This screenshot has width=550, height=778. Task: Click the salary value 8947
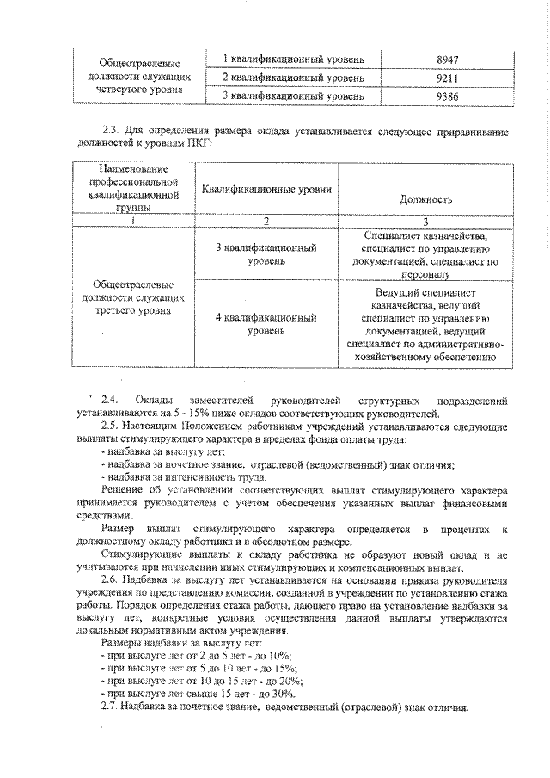pyautogui.click(x=448, y=58)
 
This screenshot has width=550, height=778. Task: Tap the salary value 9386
pyautogui.click(x=448, y=96)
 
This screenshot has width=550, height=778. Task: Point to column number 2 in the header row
pyautogui.click(x=266, y=221)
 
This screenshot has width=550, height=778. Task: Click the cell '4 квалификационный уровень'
pyautogui.click(x=266, y=323)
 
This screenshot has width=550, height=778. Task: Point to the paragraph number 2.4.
pyautogui.click(x=109, y=401)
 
